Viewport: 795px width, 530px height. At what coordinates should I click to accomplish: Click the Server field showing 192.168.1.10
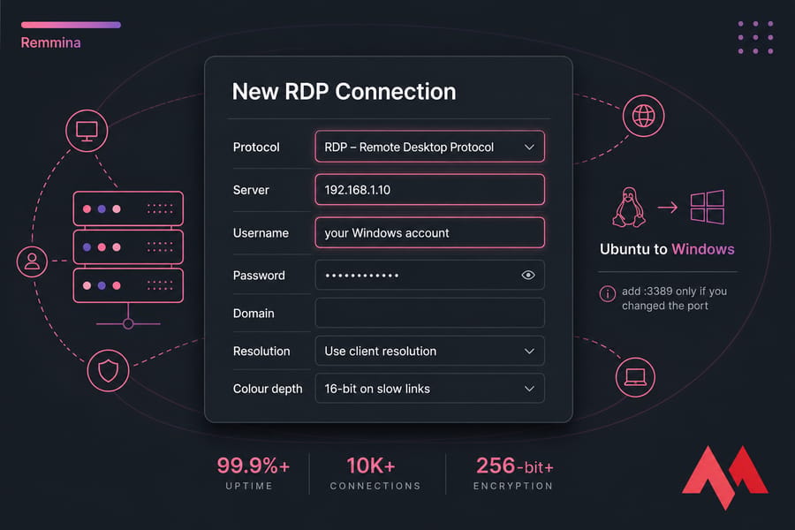pos(429,190)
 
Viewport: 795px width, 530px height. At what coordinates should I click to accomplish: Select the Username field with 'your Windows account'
pos(429,233)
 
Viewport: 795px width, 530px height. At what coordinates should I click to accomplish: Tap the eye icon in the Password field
pos(528,275)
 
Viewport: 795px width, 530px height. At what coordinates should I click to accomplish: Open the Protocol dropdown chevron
pos(529,148)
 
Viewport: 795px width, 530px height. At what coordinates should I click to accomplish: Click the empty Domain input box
pos(429,313)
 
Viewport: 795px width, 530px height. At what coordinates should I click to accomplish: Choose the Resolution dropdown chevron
pos(529,351)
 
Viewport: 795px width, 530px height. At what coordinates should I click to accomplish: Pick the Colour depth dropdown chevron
pos(529,389)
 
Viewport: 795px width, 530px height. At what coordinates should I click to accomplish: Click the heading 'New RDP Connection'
pos(344,92)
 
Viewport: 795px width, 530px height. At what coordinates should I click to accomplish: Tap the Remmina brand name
pos(50,42)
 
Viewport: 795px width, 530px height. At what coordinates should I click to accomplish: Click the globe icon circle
pos(643,116)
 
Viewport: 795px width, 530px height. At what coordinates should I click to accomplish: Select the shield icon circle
pos(108,371)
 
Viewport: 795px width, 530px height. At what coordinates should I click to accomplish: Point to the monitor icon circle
pos(87,131)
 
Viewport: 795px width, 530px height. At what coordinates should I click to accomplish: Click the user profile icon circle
pos(32,261)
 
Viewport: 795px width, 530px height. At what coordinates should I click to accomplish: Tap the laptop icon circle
pos(635,377)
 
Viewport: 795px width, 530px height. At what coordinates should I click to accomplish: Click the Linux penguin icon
pos(629,207)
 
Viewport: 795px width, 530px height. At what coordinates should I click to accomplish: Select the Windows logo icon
pos(708,207)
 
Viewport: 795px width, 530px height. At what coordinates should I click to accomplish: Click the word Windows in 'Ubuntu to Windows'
pos(703,249)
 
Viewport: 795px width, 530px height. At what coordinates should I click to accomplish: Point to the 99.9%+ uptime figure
pos(253,466)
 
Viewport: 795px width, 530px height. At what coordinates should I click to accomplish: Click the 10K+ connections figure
pos(371,466)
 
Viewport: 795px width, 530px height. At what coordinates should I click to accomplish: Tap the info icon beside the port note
pos(608,293)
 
